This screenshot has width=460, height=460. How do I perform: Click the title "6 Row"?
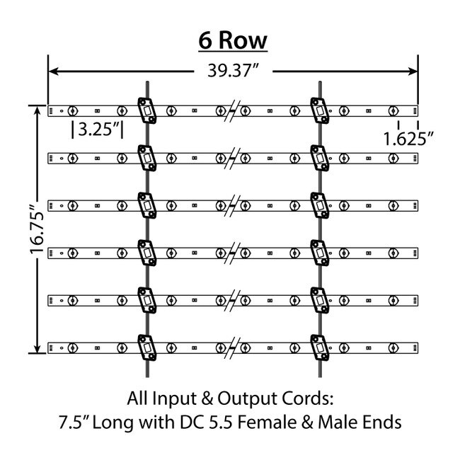(232, 40)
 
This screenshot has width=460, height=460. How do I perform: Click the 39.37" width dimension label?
(231, 71)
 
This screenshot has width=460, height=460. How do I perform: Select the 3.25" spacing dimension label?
(98, 130)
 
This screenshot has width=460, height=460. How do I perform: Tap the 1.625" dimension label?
(408, 138)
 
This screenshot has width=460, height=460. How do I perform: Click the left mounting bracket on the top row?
(146, 110)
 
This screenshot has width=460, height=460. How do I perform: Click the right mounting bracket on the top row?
(320, 110)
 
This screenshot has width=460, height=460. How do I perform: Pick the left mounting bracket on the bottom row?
(146, 348)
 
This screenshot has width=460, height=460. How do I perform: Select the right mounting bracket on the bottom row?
(320, 348)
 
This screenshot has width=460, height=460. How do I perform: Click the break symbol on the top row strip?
(233, 110)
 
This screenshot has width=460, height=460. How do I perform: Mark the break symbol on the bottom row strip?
(233, 348)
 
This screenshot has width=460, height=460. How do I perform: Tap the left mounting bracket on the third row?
(146, 206)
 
